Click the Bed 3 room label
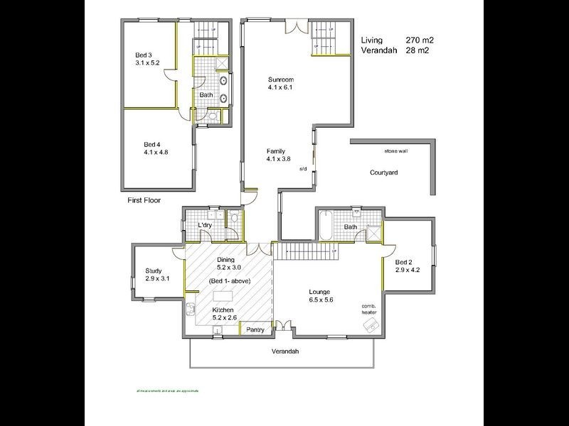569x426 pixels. pyautogui.click(x=145, y=55)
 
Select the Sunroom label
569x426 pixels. pyautogui.click(x=281, y=79)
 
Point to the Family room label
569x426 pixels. pyautogui.click(x=276, y=151)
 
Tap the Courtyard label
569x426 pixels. pyautogui.click(x=383, y=173)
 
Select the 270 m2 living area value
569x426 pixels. pyautogui.click(x=420, y=40)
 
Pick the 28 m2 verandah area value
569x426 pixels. pyautogui.click(x=418, y=50)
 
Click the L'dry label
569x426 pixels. pyautogui.click(x=205, y=226)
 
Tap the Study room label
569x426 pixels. pyautogui.click(x=154, y=271)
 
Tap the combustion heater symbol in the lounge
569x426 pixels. pyautogui.click(x=371, y=324)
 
